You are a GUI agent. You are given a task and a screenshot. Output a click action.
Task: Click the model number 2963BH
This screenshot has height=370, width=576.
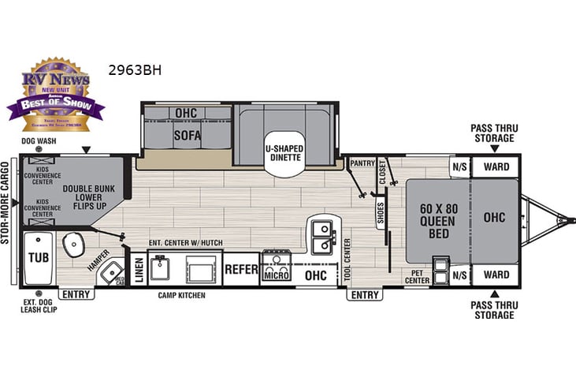135,69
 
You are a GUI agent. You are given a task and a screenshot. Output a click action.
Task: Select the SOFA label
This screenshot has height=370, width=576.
187,136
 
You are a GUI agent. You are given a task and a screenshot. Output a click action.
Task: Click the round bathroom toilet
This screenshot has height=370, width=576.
72,246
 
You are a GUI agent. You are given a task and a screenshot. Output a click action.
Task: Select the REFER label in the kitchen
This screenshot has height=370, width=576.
242,270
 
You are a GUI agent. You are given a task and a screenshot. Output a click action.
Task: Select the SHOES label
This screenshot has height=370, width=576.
380,213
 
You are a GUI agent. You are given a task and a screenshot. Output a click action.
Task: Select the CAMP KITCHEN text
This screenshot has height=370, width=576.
181,295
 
